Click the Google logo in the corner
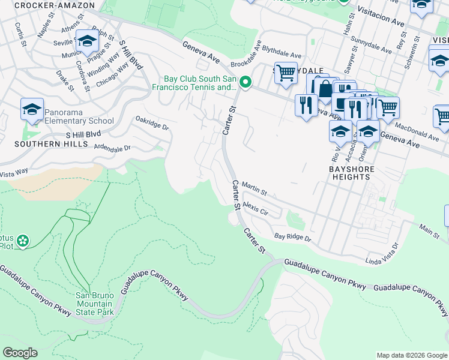tap(20, 353)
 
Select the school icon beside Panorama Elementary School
tap(32, 109)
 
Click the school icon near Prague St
tap(87, 41)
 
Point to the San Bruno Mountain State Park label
tap(96, 302)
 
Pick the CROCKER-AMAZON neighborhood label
tap(54, 5)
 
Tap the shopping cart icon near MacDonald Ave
tap(388, 108)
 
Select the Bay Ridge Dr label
tap(293, 238)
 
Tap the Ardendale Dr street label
tap(112, 148)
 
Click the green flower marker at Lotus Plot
tap(23, 241)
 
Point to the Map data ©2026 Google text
tap(411, 355)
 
